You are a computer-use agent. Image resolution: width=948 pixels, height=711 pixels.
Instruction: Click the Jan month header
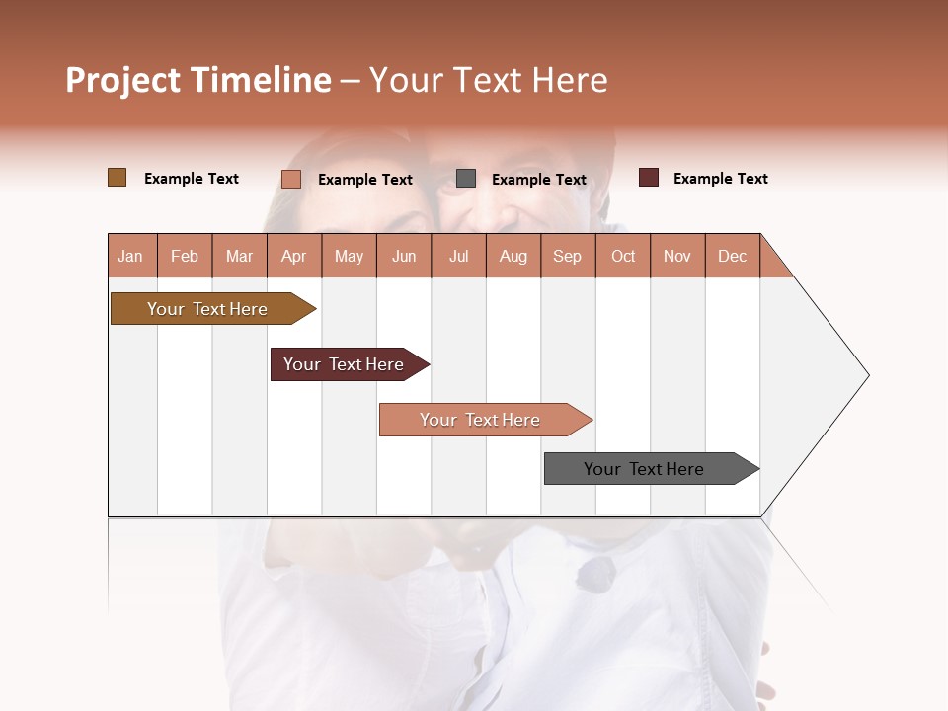131,256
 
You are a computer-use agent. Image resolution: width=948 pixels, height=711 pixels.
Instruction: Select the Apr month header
294,256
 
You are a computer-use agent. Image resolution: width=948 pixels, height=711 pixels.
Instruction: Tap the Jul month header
458,256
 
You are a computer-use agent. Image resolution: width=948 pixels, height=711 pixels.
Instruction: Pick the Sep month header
568,256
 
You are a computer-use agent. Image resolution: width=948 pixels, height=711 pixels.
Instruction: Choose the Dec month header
732,256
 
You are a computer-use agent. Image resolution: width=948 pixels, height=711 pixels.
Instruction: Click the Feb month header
185,256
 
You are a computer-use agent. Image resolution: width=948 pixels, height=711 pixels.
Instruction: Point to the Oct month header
623,256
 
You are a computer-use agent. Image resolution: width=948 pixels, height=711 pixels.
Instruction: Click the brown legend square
117,178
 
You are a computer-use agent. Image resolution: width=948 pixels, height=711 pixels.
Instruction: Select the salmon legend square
290,179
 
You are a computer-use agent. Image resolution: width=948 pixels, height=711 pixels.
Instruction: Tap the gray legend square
466,179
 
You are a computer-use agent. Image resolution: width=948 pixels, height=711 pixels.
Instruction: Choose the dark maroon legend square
648,178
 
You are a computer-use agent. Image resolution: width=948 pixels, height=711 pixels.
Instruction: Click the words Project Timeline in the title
197,80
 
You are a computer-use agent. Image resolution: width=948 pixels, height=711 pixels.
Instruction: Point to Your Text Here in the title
488,80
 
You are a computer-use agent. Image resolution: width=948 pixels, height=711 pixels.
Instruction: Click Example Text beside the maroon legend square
720,179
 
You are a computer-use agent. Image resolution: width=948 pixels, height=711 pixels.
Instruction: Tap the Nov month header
677,256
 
